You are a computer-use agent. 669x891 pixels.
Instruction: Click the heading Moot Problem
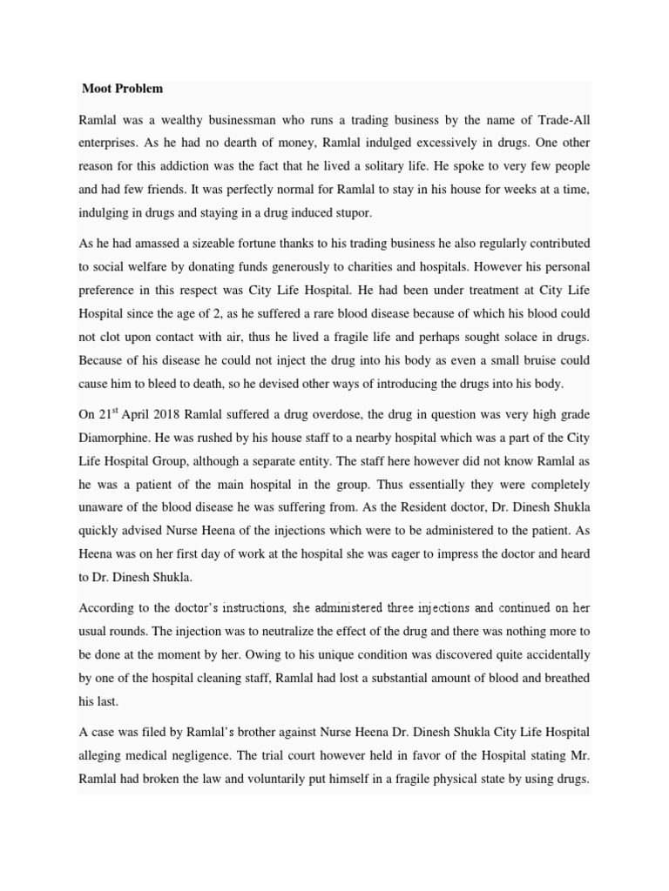[122, 89]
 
